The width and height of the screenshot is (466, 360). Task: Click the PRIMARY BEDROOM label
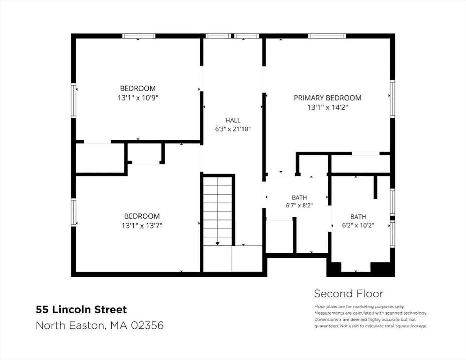[x=327, y=98]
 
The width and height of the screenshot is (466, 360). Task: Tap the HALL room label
[x=233, y=120]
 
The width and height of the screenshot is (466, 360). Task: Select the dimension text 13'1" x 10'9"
[x=138, y=98]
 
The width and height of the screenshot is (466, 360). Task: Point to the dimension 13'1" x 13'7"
[x=142, y=226]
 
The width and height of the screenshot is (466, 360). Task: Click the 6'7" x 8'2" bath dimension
[x=299, y=205]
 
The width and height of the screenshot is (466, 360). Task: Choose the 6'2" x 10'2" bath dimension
[x=358, y=225]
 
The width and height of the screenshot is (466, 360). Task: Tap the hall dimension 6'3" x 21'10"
[x=233, y=129]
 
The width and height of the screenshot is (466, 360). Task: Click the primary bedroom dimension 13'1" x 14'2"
[x=327, y=107]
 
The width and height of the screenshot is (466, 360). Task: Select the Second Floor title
[x=349, y=294]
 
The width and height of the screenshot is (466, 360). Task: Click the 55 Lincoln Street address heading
[x=81, y=310]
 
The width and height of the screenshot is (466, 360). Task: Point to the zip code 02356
[x=147, y=325]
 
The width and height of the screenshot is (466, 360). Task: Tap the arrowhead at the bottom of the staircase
[x=217, y=244]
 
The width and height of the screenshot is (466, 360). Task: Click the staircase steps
[x=217, y=211]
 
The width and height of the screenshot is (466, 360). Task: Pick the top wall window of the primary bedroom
[x=327, y=36]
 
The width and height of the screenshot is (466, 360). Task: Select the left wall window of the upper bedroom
[x=73, y=101]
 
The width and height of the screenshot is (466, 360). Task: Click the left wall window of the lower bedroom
[x=73, y=212]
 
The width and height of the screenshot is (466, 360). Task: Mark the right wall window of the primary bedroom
[x=392, y=99]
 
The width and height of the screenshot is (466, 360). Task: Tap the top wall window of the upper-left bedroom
[x=139, y=36]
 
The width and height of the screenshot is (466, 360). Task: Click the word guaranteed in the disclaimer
[x=326, y=326]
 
